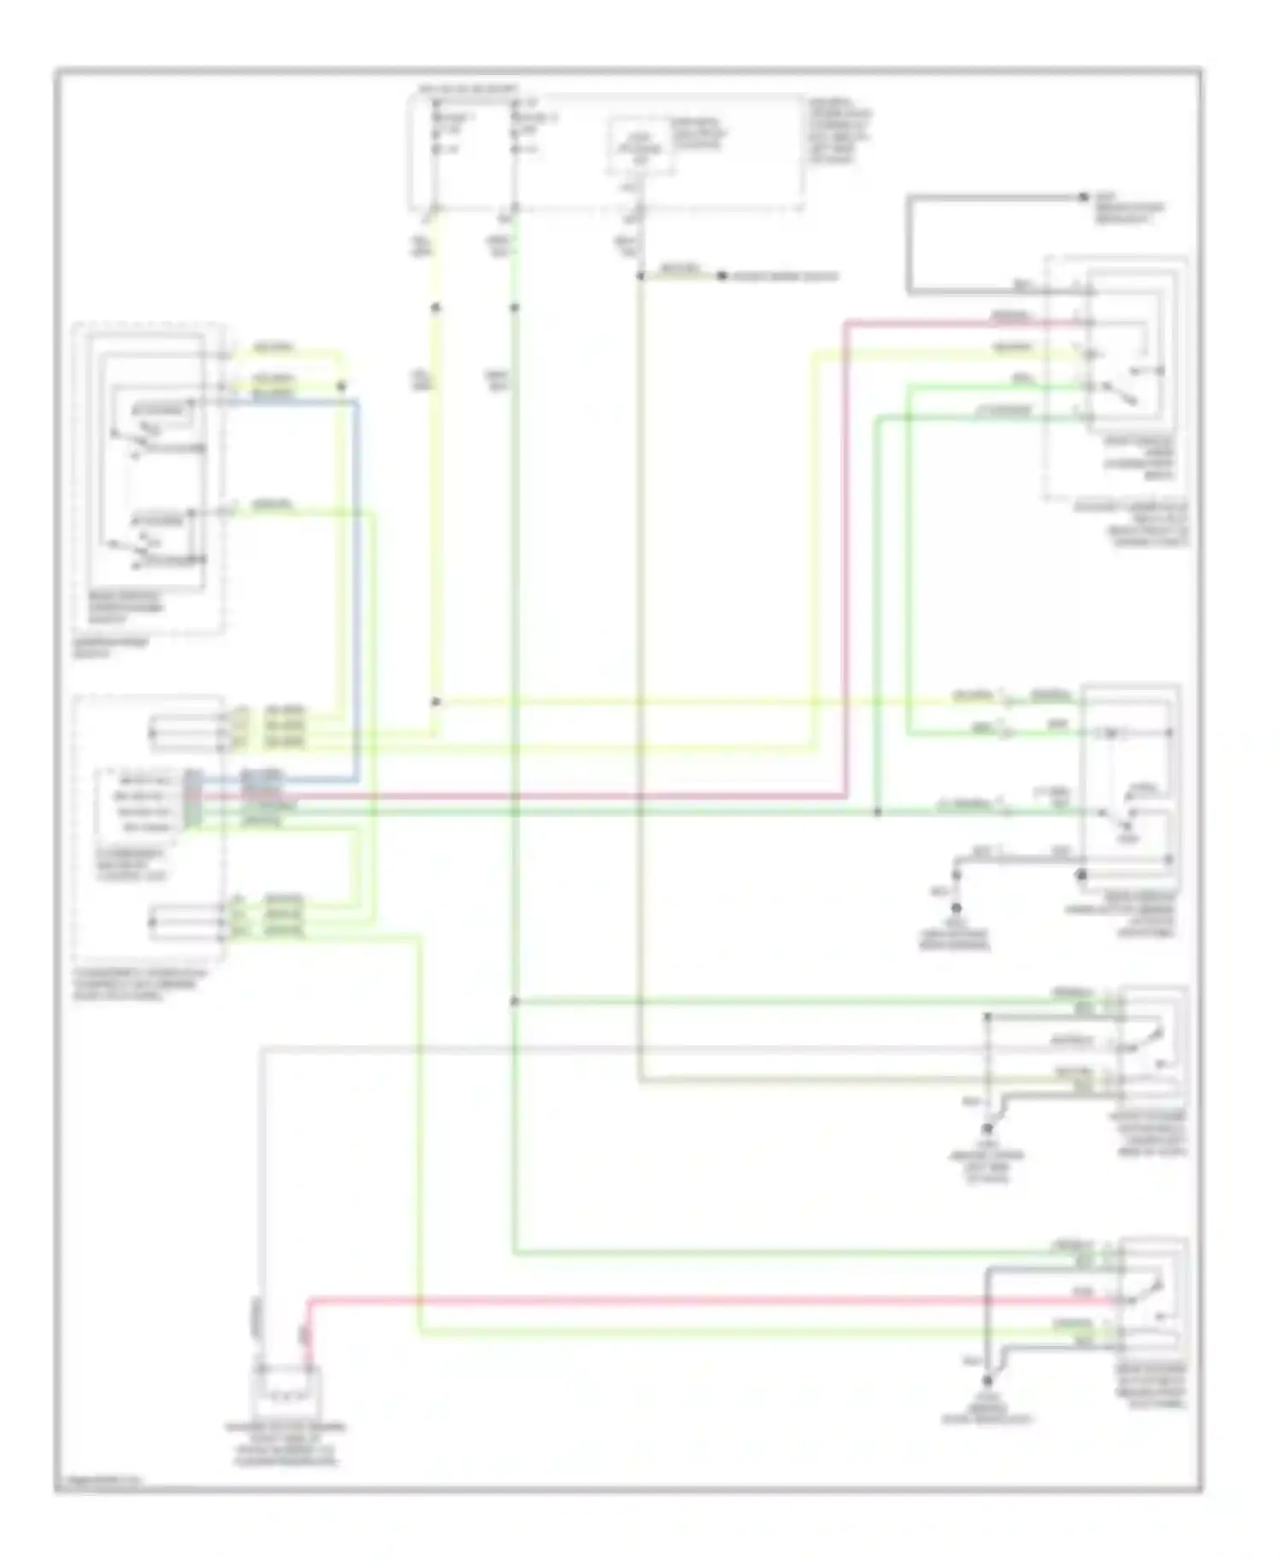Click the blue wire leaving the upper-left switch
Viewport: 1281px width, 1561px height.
[x=358, y=598]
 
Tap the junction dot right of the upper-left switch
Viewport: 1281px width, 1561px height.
[x=342, y=386]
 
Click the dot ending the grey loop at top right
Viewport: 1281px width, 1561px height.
[x=1082, y=197]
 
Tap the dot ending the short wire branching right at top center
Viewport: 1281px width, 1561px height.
[x=721, y=277]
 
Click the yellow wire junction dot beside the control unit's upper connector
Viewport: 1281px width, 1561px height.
[x=436, y=702]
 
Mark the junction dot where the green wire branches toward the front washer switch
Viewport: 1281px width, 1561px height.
[x=515, y=1002]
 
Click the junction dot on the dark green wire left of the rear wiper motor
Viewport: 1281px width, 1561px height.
[x=877, y=811]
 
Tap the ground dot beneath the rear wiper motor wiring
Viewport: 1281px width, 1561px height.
[x=956, y=908]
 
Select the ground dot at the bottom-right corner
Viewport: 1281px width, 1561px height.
[x=987, y=1380]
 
